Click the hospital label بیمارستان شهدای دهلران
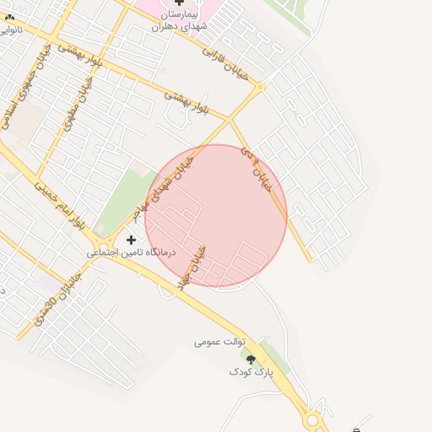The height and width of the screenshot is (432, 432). pyautogui.click(x=179, y=21)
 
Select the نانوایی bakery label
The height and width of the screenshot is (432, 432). pyautogui.click(x=9, y=30)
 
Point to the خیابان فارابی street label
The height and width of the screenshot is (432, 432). pyautogui.click(x=224, y=62)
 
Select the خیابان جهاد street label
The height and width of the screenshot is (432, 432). pyautogui.click(x=193, y=269)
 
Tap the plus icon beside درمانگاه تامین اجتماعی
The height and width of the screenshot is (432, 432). pyautogui.click(x=131, y=240)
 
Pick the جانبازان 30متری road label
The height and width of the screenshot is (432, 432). pyautogui.click(x=58, y=298)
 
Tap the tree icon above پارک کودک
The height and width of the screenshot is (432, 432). pyautogui.click(x=251, y=359)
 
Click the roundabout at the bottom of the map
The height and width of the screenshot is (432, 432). pyautogui.click(x=314, y=418)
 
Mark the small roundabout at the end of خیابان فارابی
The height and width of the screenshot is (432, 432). pyautogui.click(x=261, y=86)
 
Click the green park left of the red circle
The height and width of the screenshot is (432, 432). pyautogui.click(x=120, y=198)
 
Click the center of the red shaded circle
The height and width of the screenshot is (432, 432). pyautogui.click(x=216, y=216)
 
